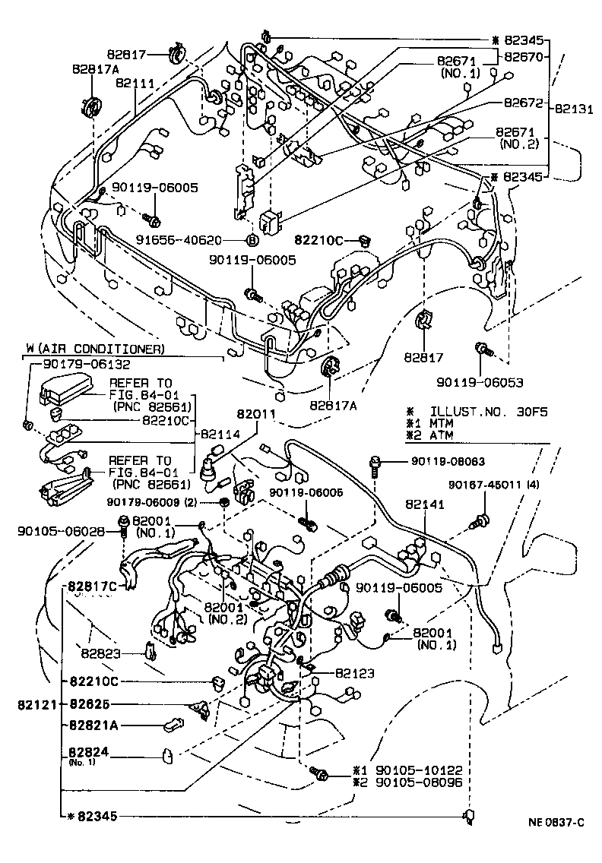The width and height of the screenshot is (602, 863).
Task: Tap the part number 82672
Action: click(525, 100)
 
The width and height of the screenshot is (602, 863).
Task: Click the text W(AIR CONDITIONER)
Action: click(95, 349)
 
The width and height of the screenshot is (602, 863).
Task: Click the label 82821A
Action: click(93, 725)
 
